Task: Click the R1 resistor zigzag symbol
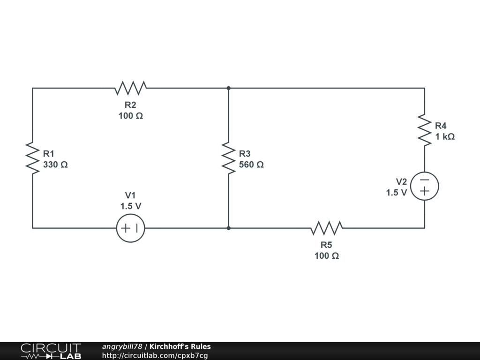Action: click(32, 158)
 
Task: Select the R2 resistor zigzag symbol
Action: click(131, 88)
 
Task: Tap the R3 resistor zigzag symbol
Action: click(228, 158)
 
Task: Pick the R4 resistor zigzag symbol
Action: click(425, 130)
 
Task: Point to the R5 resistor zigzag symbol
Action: click(327, 228)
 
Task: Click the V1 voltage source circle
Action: click(131, 228)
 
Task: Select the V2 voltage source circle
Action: click(425, 186)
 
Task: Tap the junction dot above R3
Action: click(228, 88)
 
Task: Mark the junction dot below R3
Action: click(228, 228)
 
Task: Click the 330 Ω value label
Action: click(55, 165)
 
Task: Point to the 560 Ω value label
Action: click(251, 165)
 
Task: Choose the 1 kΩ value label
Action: click(444, 137)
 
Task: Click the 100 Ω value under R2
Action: click(131, 116)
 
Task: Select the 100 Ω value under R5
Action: click(327, 256)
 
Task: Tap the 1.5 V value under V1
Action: click(131, 206)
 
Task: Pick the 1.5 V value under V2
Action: click(396, 193)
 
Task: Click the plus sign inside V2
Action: click(425, 191)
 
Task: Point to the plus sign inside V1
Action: click(126, 228)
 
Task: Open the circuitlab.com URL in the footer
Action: click(155, 355)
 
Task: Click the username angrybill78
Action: click(122, 347)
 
